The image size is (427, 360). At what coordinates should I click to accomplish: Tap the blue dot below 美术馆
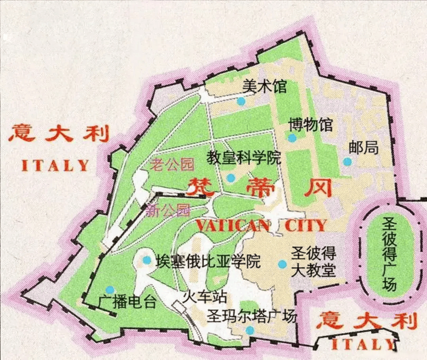coord(241,102)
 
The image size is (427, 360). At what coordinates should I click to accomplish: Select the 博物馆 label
coord(310,124)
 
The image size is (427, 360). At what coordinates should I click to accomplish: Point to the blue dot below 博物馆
coord(292,138)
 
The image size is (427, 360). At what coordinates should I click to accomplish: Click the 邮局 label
coord(364,148)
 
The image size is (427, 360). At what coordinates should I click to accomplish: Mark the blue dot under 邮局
coord(347,161)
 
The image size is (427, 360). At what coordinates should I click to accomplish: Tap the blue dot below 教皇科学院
coord(231,178)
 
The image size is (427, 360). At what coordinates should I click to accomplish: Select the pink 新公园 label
coord(168,210)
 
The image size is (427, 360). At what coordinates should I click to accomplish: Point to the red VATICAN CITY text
coord(261,225)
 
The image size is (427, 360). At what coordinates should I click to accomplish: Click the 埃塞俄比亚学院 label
coord(208,261)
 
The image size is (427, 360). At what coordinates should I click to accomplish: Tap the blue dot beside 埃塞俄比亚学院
coord(147,260)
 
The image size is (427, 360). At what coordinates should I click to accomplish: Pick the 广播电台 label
coord(123,303)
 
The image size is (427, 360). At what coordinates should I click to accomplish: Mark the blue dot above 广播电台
coord(110,290)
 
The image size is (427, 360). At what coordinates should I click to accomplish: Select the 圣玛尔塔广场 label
coord(251,317)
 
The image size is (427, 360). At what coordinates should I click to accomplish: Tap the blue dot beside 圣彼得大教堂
coord(282,264)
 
